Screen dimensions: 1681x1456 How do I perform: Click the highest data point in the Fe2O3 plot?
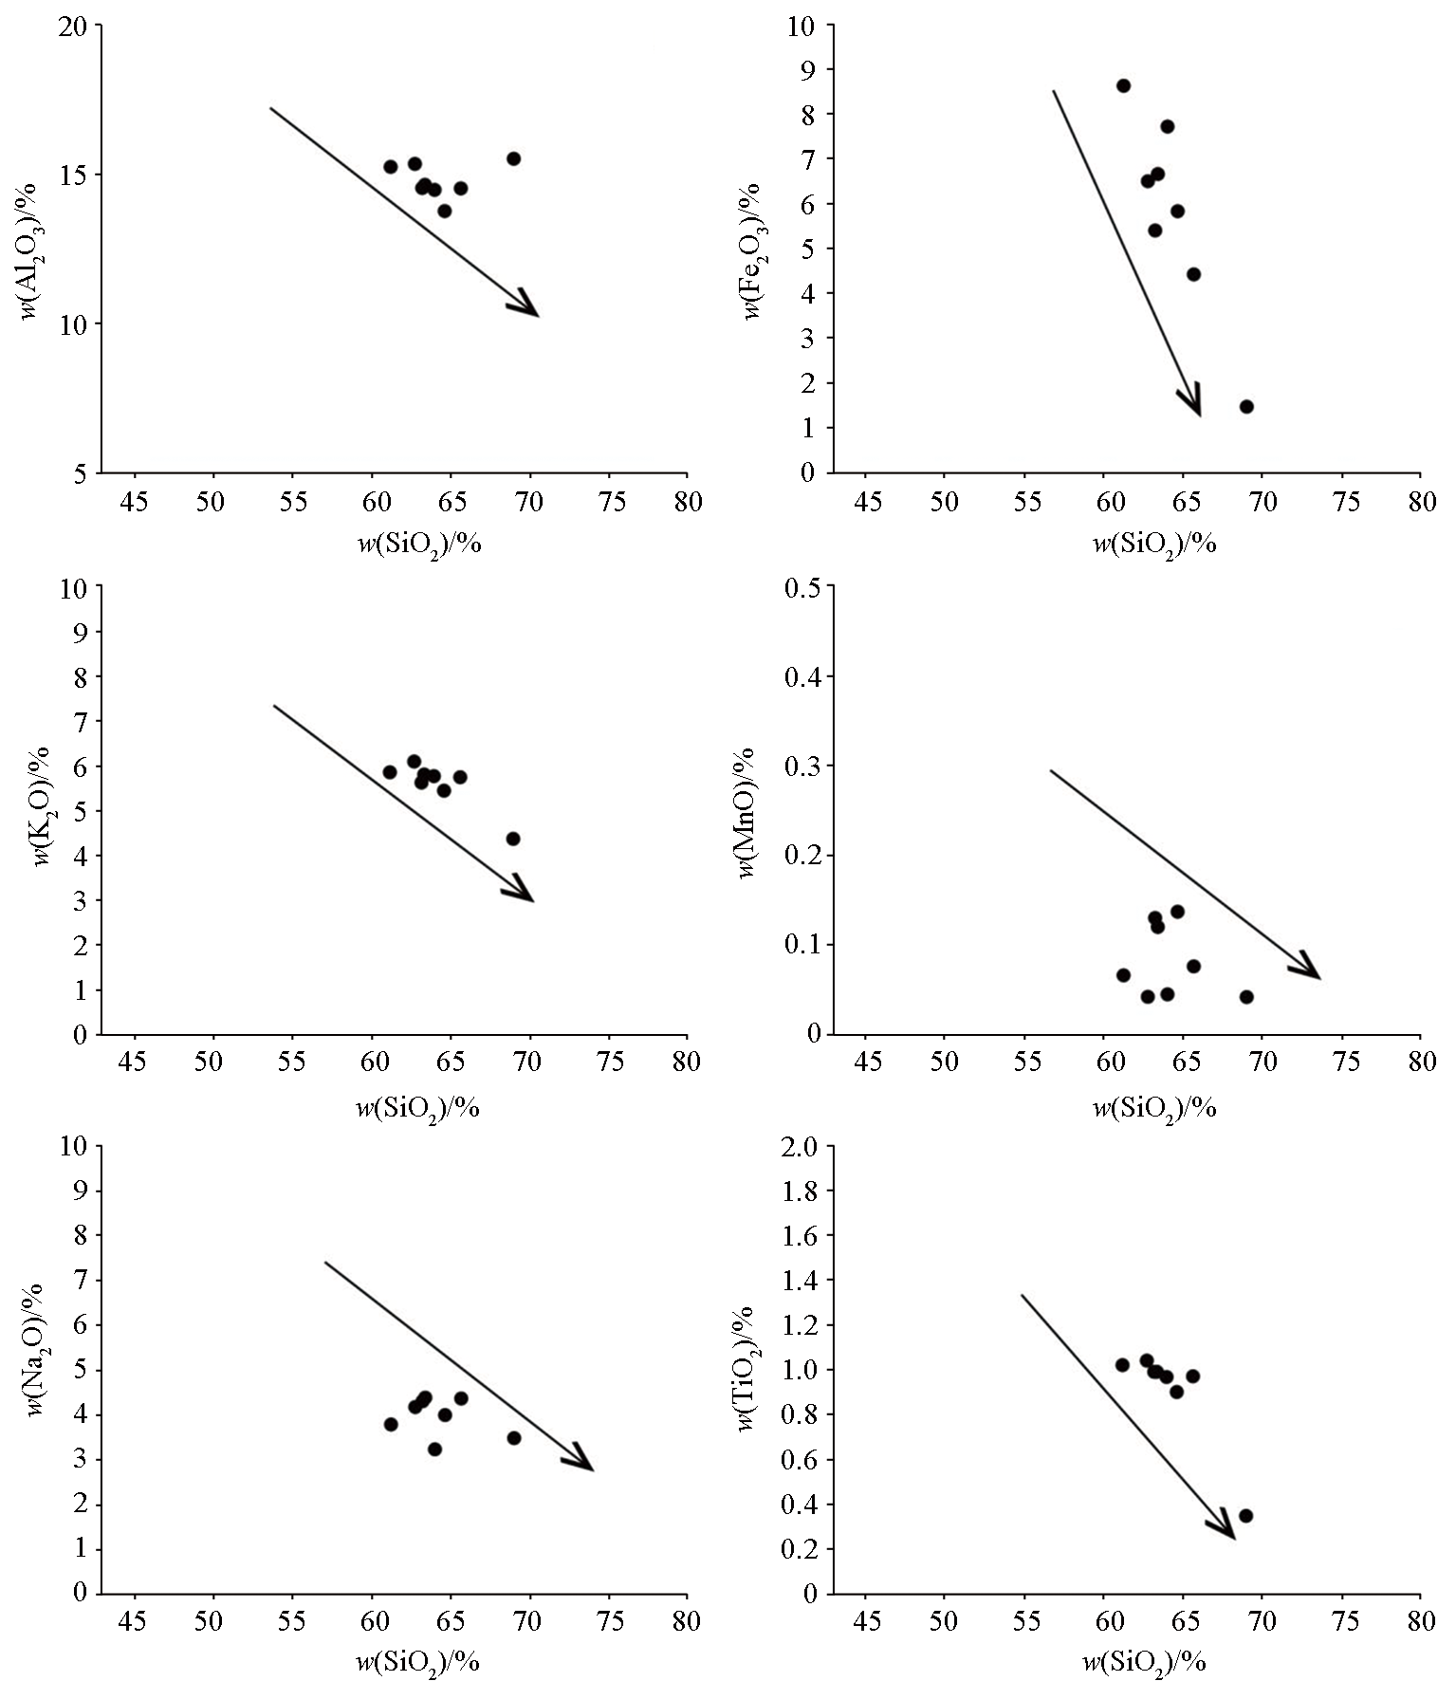tap(1123, 85)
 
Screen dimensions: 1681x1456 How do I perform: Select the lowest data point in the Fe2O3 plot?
tap(1246, 407)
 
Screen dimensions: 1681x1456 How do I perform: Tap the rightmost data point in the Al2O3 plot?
tap(513, 158)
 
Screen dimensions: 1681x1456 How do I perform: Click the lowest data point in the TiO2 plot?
tap(1246, 1515)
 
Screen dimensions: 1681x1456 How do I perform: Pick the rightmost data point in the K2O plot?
tap(513, 839)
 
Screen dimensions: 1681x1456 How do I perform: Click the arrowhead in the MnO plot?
tap(1308, 969)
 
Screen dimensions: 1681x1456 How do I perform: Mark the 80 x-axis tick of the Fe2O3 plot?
tap(1420, 502)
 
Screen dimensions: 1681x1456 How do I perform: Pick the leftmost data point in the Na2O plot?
tap(391, 1424)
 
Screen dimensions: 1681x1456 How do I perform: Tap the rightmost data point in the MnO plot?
tap(1246, 997)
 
